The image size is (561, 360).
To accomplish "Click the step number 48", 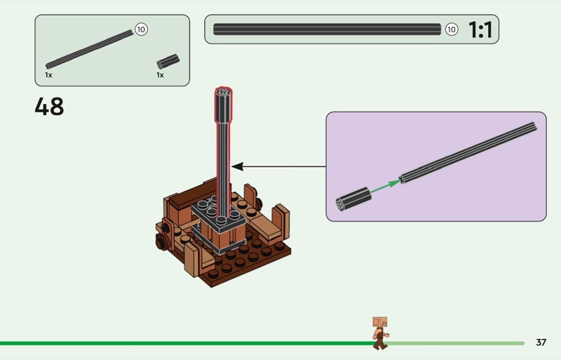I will click(x=49, y=107).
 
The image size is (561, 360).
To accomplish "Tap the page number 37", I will click(x=541, y=342).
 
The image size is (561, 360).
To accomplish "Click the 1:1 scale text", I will click(x=480, y=30).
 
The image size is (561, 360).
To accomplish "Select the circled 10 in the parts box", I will click(x=141, y=29).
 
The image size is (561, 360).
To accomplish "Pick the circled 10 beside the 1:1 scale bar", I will click(x=452, y=29).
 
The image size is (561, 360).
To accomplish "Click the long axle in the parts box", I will click(x=90, y=48).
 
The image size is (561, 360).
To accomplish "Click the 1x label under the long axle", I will click(x=48, y=74).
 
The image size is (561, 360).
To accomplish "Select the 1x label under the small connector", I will click(x=160, y=74).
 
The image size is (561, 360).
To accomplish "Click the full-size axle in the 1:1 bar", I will click(x=327, y=29).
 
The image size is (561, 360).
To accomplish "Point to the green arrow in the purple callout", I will click(x=382, y=187).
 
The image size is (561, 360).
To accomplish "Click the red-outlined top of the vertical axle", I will click(x=223, y=96).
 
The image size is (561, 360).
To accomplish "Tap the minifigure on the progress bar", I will click(x=379, y=333).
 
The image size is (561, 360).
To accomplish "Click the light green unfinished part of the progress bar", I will click(x=456, y=343).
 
